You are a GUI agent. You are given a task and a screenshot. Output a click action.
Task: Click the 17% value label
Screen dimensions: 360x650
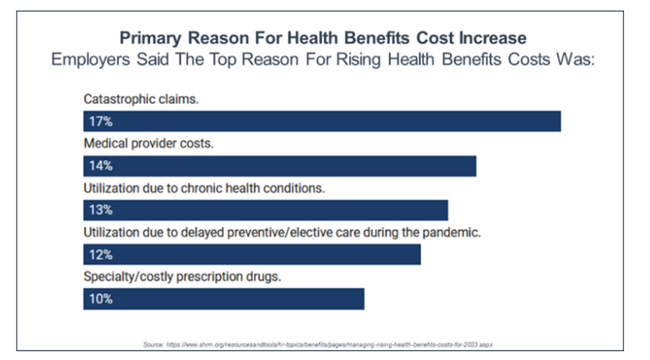(x=101, y=121)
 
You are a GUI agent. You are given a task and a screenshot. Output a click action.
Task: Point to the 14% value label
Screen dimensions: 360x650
(x=101, y=165)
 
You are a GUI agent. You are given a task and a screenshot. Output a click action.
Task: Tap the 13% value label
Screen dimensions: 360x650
(x=101, y=209)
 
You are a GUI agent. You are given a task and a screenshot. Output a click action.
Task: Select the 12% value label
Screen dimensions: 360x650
(x=101, y=254)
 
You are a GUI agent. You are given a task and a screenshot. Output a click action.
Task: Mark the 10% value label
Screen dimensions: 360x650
(x=101, y=298)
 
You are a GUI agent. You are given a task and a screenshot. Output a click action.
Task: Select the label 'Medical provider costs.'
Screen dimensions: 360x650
(x=148, y=143)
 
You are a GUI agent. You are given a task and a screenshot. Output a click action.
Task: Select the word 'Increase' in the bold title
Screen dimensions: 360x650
(x=490, y=39)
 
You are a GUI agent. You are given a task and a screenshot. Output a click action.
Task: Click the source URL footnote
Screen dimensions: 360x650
(x=325, y=343)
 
